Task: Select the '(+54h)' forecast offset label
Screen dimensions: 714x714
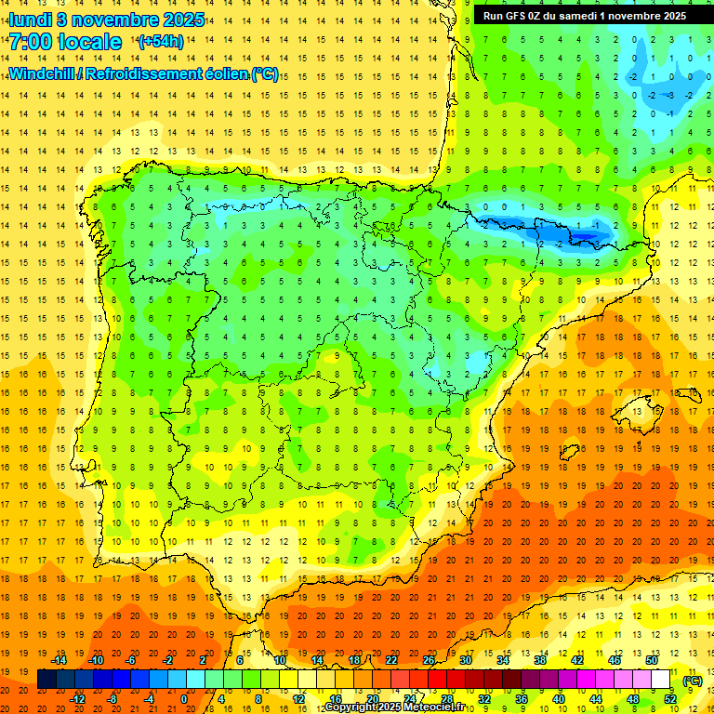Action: pos(160,42)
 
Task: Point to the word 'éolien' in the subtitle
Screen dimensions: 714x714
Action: pos(223,73)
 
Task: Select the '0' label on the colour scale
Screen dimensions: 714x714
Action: pos(184,699)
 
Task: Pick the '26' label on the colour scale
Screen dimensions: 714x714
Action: pos(429,660)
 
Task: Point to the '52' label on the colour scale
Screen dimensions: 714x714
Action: pos(670,699)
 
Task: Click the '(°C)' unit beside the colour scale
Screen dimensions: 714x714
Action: pos(693,681)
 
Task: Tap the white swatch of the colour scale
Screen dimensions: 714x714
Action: pos(661,680)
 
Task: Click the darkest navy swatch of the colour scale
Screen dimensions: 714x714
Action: pos(46,680)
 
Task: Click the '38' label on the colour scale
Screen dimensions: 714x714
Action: pos(540,660)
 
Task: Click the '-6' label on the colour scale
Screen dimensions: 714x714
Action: pos(131,660)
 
